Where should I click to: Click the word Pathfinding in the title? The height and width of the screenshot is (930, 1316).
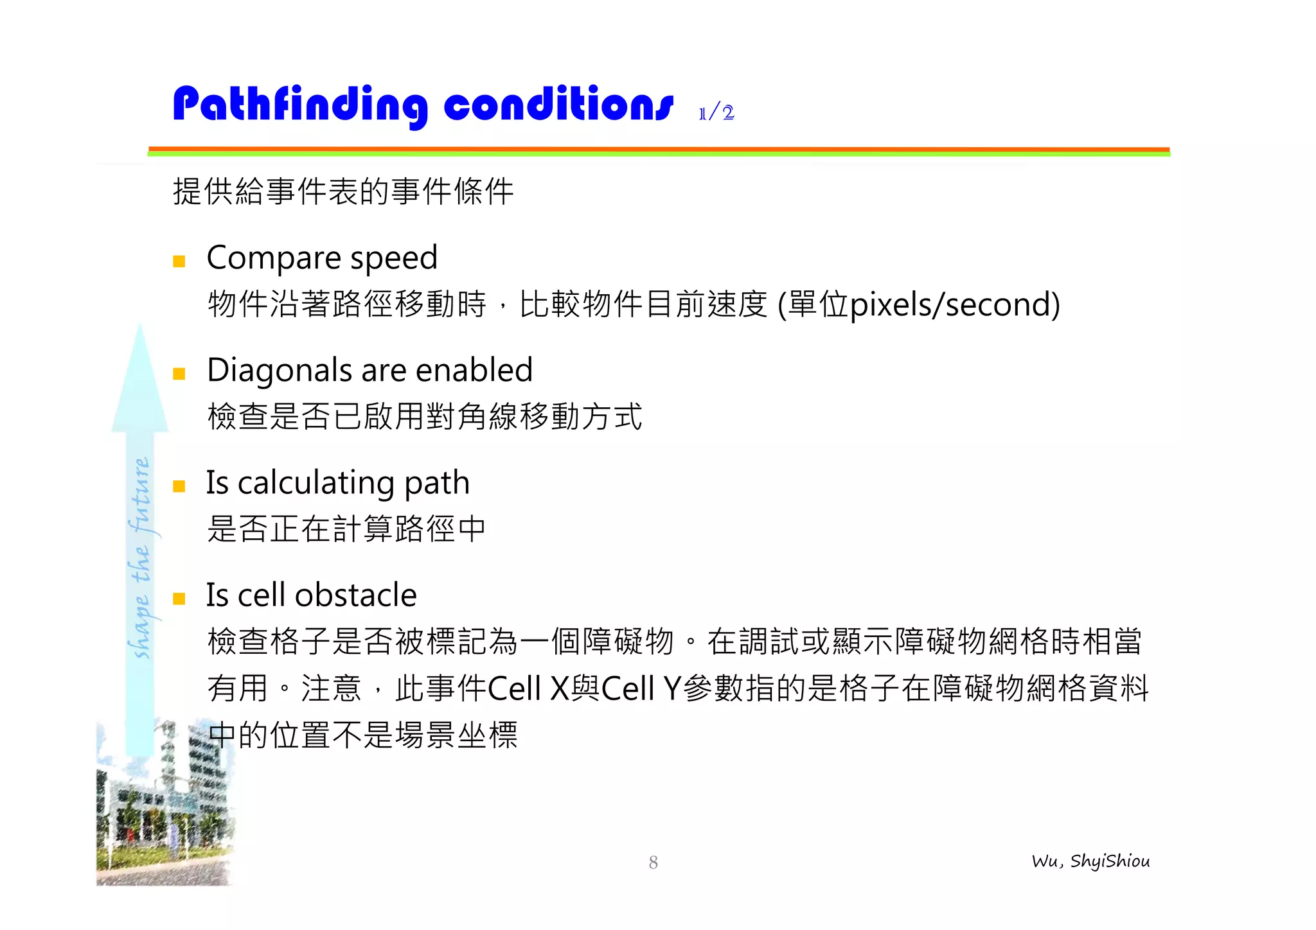tap(299, 105)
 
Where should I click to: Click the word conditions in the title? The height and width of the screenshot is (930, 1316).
tap(558, 105)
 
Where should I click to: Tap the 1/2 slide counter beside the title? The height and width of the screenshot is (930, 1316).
tap(716, 113)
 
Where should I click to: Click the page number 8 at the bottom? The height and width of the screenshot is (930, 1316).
tap(653, 863)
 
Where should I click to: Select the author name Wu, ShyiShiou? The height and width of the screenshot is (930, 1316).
tap(1090, 861)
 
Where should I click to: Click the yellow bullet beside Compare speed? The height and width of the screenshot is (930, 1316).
tap(179, 261)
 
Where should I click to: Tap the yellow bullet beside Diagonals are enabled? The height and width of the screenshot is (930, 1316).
tap(179, 374)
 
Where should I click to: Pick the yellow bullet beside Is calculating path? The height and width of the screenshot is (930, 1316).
tap(179, 486)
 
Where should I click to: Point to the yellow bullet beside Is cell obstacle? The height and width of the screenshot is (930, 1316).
tap(179, 599)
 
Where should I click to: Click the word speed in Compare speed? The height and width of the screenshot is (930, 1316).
tap(393, 259)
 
